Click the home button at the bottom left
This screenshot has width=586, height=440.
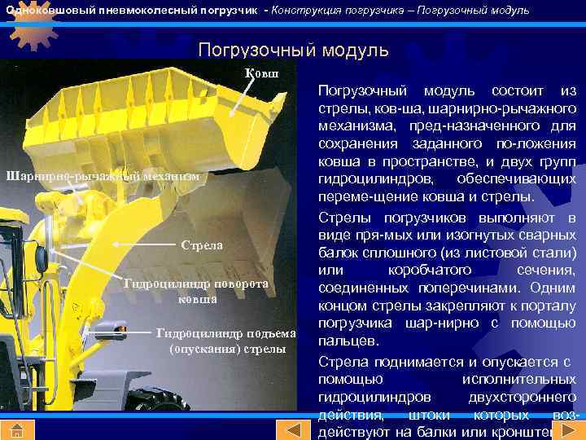16,430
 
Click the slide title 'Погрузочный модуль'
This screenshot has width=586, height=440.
293,50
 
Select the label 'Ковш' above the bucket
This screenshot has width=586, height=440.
261,73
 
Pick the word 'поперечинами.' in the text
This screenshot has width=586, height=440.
472,288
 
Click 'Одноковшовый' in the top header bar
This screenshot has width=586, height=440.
50,10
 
